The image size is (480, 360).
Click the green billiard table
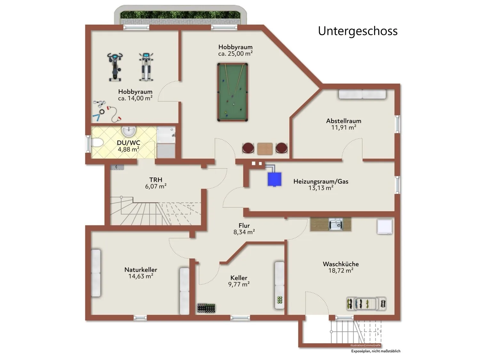tap(232, 92)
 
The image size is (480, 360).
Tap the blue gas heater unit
tap(274, 179)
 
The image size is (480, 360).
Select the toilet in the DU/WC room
tap(97, 143)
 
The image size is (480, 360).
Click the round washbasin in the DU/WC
tap(129, 132)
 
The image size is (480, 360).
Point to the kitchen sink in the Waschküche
tap(336, 224)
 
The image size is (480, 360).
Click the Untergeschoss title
tap(357, 31)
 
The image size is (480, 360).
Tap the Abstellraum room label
tap(344, 121)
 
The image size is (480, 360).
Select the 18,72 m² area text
tap(341, 271)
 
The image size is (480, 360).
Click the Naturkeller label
tap(140, 269)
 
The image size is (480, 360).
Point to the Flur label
tap(244, 225)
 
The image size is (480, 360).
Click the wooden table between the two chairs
tap(265, 148)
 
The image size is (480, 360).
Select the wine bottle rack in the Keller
tap(206, 308)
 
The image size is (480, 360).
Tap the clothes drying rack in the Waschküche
tap(366, 303)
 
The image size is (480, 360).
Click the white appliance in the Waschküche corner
tap(385, 227)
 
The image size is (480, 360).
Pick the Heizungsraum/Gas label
tap(321, 181)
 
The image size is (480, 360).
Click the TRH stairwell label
tap(156, 180)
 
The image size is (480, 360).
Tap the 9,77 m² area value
tap(239, 284)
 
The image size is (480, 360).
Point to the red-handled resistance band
tap(114, 114)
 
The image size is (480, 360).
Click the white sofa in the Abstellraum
tap(362, 94)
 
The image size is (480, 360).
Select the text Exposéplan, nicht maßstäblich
tap(376, 351)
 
